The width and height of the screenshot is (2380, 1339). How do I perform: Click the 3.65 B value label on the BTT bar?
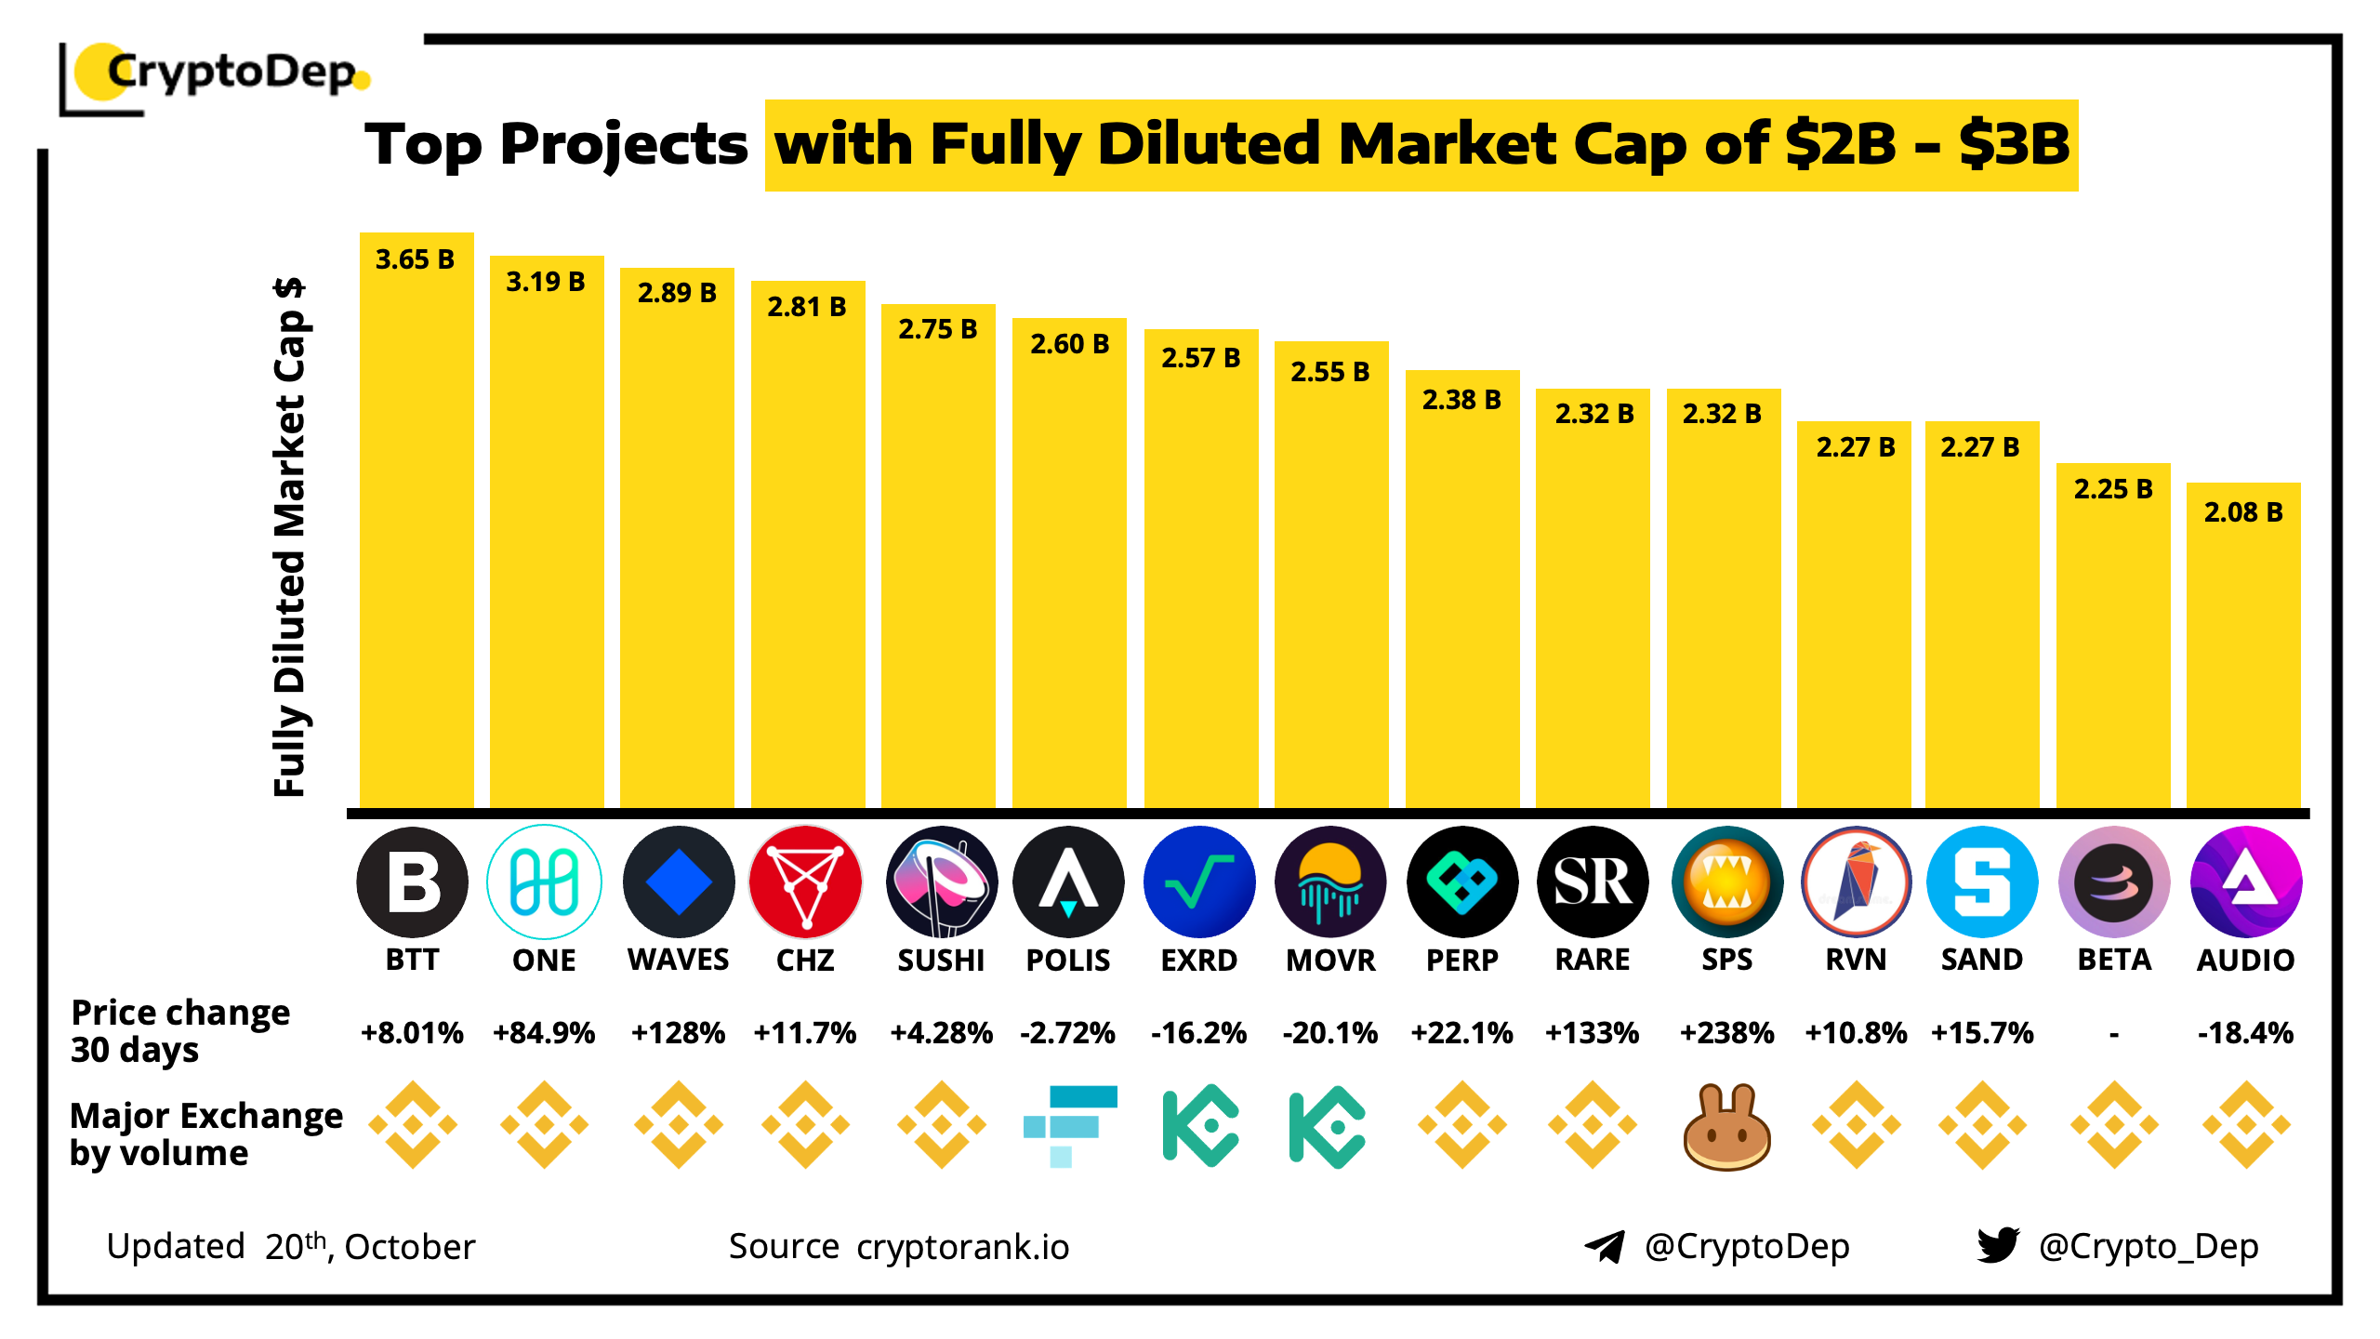coord(415,259)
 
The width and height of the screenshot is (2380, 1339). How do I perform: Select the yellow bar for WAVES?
coord(677,558)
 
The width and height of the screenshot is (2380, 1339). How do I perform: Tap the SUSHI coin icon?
coord(941,882)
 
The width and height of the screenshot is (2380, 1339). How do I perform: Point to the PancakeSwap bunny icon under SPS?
coord(1726,1126)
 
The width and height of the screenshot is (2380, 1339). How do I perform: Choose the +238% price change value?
coord(1726,1033)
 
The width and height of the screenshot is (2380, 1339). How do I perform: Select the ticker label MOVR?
coord(1330,960)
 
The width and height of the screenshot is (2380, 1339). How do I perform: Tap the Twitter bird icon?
coord(1998,1245)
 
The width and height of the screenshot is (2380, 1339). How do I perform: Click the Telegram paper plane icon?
coord(1604,1246)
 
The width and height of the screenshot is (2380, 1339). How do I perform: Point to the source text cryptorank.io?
coord(962,1247)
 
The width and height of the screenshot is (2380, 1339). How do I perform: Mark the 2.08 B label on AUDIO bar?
coord(2242,512)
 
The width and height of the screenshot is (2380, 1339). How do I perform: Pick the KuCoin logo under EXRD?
coord(1200,1125)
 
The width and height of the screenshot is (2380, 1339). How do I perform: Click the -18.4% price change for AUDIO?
coord(2245,1033)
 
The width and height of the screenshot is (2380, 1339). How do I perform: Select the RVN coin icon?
coord(1856,882)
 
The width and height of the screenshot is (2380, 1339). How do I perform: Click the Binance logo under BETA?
coord(2114,1125)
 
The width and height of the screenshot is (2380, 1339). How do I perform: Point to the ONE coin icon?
coord(544,882)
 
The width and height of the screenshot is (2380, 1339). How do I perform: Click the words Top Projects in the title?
coord(556,145)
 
